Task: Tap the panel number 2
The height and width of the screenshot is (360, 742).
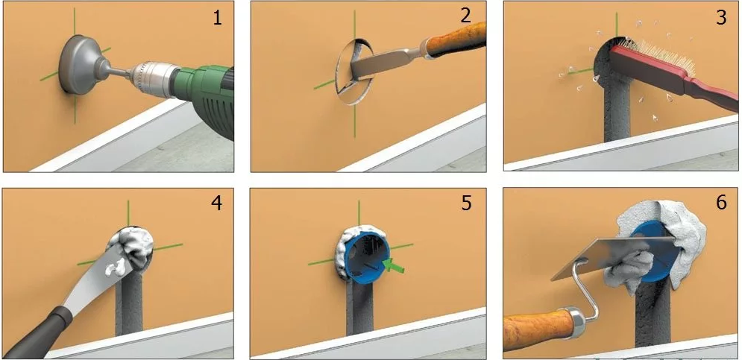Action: pyautogui.click(x=465, y=16)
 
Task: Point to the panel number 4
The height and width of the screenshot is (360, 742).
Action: pyautogui.click(x=216, y=203)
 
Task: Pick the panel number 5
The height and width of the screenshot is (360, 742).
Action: pyautogui.click(x=465, y=203)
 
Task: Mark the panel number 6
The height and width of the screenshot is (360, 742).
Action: pyautogui.click(x=720, y=203)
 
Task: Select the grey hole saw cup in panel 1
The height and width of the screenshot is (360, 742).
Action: pyautogui.click(x=80, y=65)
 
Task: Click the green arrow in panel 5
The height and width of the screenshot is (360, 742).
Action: pyautogui.click(x=394, y=266)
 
